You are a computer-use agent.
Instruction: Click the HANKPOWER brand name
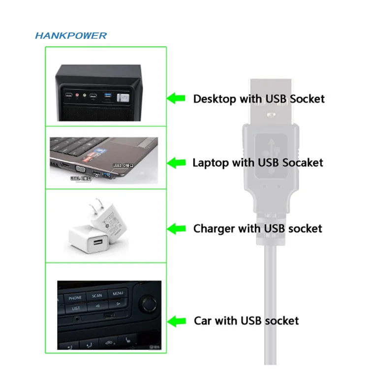71,35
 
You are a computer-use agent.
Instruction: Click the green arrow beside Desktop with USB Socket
176,98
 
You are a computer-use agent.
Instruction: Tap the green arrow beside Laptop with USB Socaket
176,162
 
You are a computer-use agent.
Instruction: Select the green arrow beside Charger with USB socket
176,228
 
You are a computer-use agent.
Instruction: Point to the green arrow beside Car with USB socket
176,321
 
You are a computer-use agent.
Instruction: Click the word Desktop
215,99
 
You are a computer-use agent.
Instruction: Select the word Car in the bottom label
202,321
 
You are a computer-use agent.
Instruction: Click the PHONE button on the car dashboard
75,298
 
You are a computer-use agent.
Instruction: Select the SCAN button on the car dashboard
97,296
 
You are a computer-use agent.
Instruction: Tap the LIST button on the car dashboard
76,308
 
